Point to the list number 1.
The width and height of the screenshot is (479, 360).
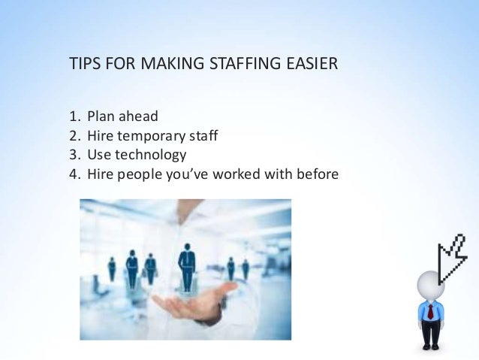pos(73,117)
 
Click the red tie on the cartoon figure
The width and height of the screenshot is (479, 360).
pos(431,312)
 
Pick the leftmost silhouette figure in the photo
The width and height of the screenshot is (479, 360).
pos(112,268)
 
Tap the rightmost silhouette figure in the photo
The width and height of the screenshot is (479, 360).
pos(246,268)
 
